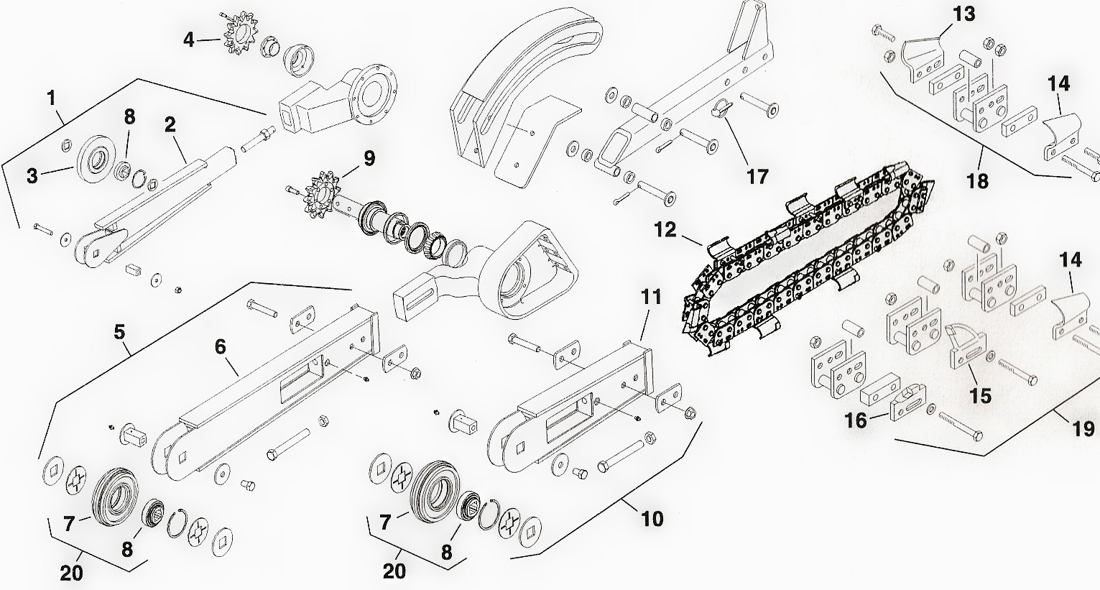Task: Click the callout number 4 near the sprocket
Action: (188, 39)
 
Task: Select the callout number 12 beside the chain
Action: (665, 230)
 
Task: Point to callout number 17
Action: (757, 176)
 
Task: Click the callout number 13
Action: (965, 14)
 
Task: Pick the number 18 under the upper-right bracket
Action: (978, 180)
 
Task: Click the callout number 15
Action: (980, 395)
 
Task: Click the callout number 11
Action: (650, 296)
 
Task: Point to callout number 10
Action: (652, 518)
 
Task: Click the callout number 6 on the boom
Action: (221, 347)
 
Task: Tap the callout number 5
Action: (119, 332)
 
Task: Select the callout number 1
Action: (52, 98)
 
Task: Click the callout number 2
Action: (170, 124)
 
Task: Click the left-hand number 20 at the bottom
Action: (71, 573)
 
